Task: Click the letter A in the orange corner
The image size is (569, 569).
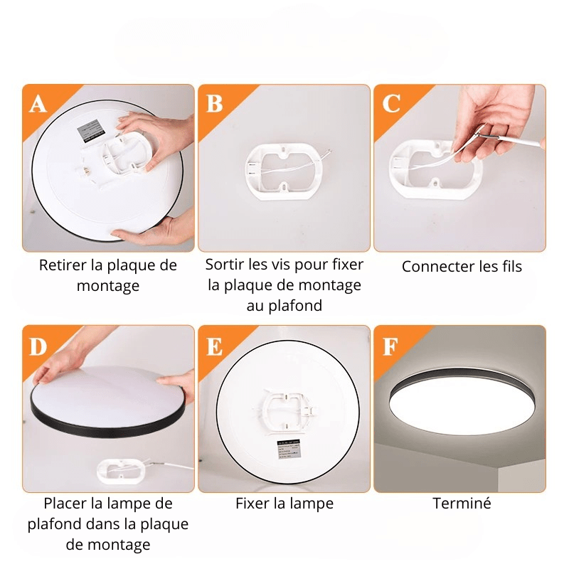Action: click(38, 104)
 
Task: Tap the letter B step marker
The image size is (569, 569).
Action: click(214, 103)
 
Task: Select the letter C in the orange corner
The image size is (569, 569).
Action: click(391, 103)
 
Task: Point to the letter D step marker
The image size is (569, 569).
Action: click(38, 346)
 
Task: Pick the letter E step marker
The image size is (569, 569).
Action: click(215, 346)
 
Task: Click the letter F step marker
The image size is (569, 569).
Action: click(390, 346)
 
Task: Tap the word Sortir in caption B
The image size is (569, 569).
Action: click(225, 265)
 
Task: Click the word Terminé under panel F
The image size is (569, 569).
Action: click(462, 504)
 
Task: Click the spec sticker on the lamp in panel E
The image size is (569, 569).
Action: click(289, 449)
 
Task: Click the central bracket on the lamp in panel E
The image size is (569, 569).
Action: click(287, 408)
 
